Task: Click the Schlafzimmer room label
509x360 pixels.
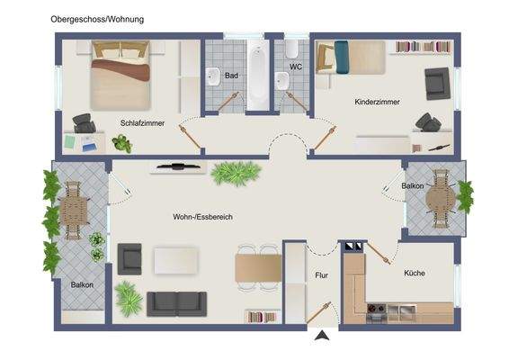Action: point(142,123)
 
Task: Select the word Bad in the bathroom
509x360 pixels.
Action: point(231,76)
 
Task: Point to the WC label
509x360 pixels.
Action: point(295,67)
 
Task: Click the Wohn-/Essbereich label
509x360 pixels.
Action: point(201,217)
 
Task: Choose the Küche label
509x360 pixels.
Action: point(414,273)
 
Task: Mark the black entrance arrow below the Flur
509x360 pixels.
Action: point(321,337)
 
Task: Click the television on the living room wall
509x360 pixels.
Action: point(176,166)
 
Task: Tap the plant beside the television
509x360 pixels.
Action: point(236,171)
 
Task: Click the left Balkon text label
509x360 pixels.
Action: point(83,285)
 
